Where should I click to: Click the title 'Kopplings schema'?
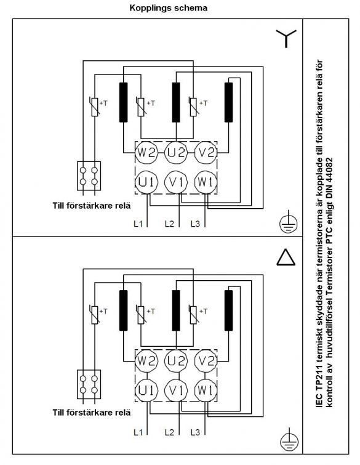coord(168,8)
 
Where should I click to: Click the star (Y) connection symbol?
coord(286,39)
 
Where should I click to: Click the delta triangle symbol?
coord(286,257)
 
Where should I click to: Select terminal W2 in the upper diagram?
coord(146,152)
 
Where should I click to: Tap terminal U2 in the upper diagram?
coord(176,152)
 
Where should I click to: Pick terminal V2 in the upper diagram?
coord(206,152)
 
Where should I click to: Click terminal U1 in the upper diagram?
coord(146,182)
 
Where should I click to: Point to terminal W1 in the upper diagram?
coord(206,182)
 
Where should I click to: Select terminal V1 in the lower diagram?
coord(176,390)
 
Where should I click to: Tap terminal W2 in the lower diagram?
coord(146,361)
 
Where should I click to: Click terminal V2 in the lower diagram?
coord(206,361)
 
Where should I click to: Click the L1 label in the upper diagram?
coord(138,224)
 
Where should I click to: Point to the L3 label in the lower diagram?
coord(195,432)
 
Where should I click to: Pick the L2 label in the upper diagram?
coord(169,224)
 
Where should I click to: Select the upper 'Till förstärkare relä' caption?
coord(92,206)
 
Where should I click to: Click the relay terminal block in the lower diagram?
coord(89,384)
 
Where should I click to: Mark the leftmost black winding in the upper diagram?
coord(123,102)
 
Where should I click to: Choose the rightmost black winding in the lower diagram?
coord(228,310)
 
